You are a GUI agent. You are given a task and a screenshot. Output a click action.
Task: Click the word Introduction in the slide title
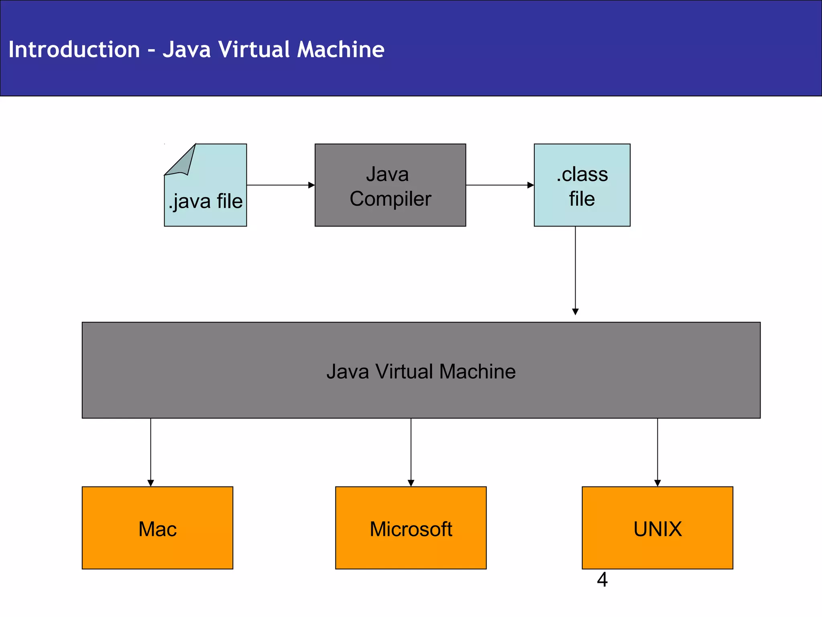point(74,49)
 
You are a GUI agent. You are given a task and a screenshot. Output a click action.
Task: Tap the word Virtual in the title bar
point(254,49)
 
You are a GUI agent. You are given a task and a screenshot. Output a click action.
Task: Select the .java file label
point(205,201)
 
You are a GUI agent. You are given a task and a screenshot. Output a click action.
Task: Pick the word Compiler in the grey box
point(390,199)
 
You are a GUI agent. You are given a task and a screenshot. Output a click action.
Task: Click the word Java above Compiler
point(387,174)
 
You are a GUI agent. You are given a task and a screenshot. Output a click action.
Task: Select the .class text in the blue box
point(582,174)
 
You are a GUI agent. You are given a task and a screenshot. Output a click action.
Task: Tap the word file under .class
point(582,199)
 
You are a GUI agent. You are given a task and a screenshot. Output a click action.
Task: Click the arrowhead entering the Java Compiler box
point(311,185)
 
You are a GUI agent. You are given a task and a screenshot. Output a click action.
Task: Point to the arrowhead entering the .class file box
point(531,185)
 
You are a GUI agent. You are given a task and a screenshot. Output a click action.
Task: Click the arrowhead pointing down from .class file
point(575,312)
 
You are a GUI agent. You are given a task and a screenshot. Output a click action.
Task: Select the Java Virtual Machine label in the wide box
point(421,372)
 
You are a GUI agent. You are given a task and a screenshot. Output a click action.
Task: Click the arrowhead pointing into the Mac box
point(151,483)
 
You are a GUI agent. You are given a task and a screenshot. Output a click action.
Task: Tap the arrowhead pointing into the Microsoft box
point(411,483)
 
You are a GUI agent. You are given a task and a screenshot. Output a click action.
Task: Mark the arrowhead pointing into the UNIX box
point(657,483)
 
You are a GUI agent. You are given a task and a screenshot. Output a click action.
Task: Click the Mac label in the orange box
point(157,529)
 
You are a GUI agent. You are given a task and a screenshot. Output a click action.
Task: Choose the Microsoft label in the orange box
point(411,529)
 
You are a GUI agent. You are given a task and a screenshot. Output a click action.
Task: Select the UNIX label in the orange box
point(657,529)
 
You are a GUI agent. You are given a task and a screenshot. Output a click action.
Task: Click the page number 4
point(602,580)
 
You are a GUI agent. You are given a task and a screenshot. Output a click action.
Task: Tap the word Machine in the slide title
point(340,49)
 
